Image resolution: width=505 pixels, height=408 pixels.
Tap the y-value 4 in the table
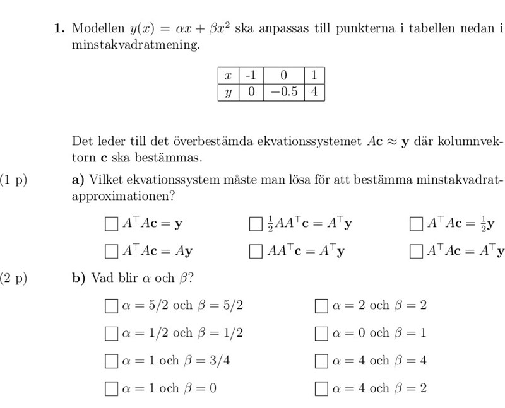point(314,92)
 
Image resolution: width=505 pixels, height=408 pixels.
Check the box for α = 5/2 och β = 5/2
point(111,306)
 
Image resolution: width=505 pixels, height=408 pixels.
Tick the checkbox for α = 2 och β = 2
point(322,306)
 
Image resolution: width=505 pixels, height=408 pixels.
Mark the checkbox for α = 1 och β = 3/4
point(111,361)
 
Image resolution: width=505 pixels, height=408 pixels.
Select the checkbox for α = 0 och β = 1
point(322,334)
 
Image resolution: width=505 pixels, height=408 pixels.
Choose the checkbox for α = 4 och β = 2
point(322,388)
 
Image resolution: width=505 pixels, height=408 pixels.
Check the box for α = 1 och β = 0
point(111,388)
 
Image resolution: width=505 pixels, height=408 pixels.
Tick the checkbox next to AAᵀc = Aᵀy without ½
point(256,252)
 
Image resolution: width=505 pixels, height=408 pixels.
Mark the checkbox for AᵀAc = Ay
point(111,252)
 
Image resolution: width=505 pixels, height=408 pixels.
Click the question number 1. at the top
point(59,28)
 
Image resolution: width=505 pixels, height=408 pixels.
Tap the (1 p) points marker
point(14,180)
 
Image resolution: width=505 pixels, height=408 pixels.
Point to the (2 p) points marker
point(14,278)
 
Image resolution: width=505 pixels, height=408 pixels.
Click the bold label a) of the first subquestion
point(78,180)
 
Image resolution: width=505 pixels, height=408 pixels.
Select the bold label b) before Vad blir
point(78,278)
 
